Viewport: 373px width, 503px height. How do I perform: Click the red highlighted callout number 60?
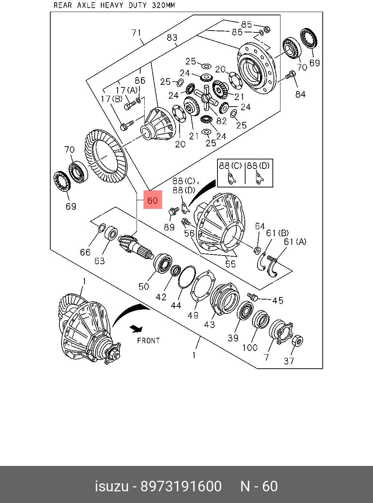(153, 200)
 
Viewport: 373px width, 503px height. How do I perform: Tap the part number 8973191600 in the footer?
(181, 486)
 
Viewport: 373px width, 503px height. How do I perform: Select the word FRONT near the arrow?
(148, 341)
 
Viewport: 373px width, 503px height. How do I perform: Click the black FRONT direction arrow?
(137, 329)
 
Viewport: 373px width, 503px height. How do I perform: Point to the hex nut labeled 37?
(297, 341)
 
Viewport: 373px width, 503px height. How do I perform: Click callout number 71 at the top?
(136, 33)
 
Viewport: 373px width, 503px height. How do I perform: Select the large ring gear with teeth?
(105, 157)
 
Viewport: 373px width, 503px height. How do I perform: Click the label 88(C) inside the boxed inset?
(230, 166)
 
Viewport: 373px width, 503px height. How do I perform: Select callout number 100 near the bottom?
(250, 348)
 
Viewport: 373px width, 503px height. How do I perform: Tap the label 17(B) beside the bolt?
(111, 99)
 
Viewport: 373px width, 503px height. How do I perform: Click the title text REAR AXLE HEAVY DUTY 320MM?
(114, 5)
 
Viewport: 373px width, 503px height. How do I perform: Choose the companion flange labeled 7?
(281, 331)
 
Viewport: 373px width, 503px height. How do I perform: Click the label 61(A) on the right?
(295, 241)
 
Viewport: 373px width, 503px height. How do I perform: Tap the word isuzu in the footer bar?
(111, 486)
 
